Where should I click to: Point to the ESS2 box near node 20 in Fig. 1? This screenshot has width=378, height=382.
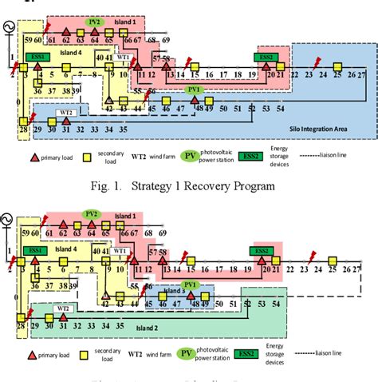(x=265, y=58)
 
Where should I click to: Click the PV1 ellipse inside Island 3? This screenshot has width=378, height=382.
(x=191, y=284)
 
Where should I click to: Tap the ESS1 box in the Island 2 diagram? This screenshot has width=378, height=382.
(x=35, y=251)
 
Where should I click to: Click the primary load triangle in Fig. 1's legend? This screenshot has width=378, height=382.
(x=35, y=158)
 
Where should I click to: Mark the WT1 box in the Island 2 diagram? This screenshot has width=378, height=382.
(x=120, y=250)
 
